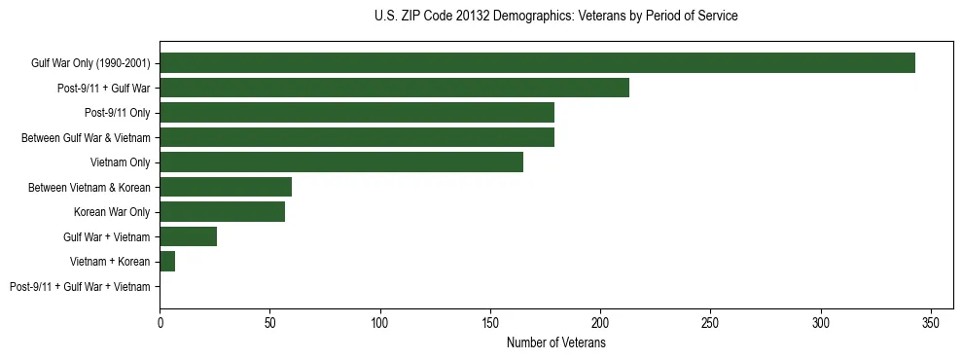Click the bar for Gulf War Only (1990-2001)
tap(537, 63)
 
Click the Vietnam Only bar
tap(340, 162)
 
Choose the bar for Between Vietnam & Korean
tap(225, 187)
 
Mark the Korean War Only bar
tap(222, 212)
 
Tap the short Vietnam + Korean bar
tap(167, 262)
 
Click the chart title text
tap(555, 17)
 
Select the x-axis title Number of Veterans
tap(555, 342)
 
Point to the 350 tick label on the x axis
tap(931, 322)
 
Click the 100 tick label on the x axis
tap(379, 322)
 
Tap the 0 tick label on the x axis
tap(160, 322)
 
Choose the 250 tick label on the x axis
tap(710, 322)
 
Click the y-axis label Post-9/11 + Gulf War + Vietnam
tap(80, 287)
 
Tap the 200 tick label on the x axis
tap(600, 322)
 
